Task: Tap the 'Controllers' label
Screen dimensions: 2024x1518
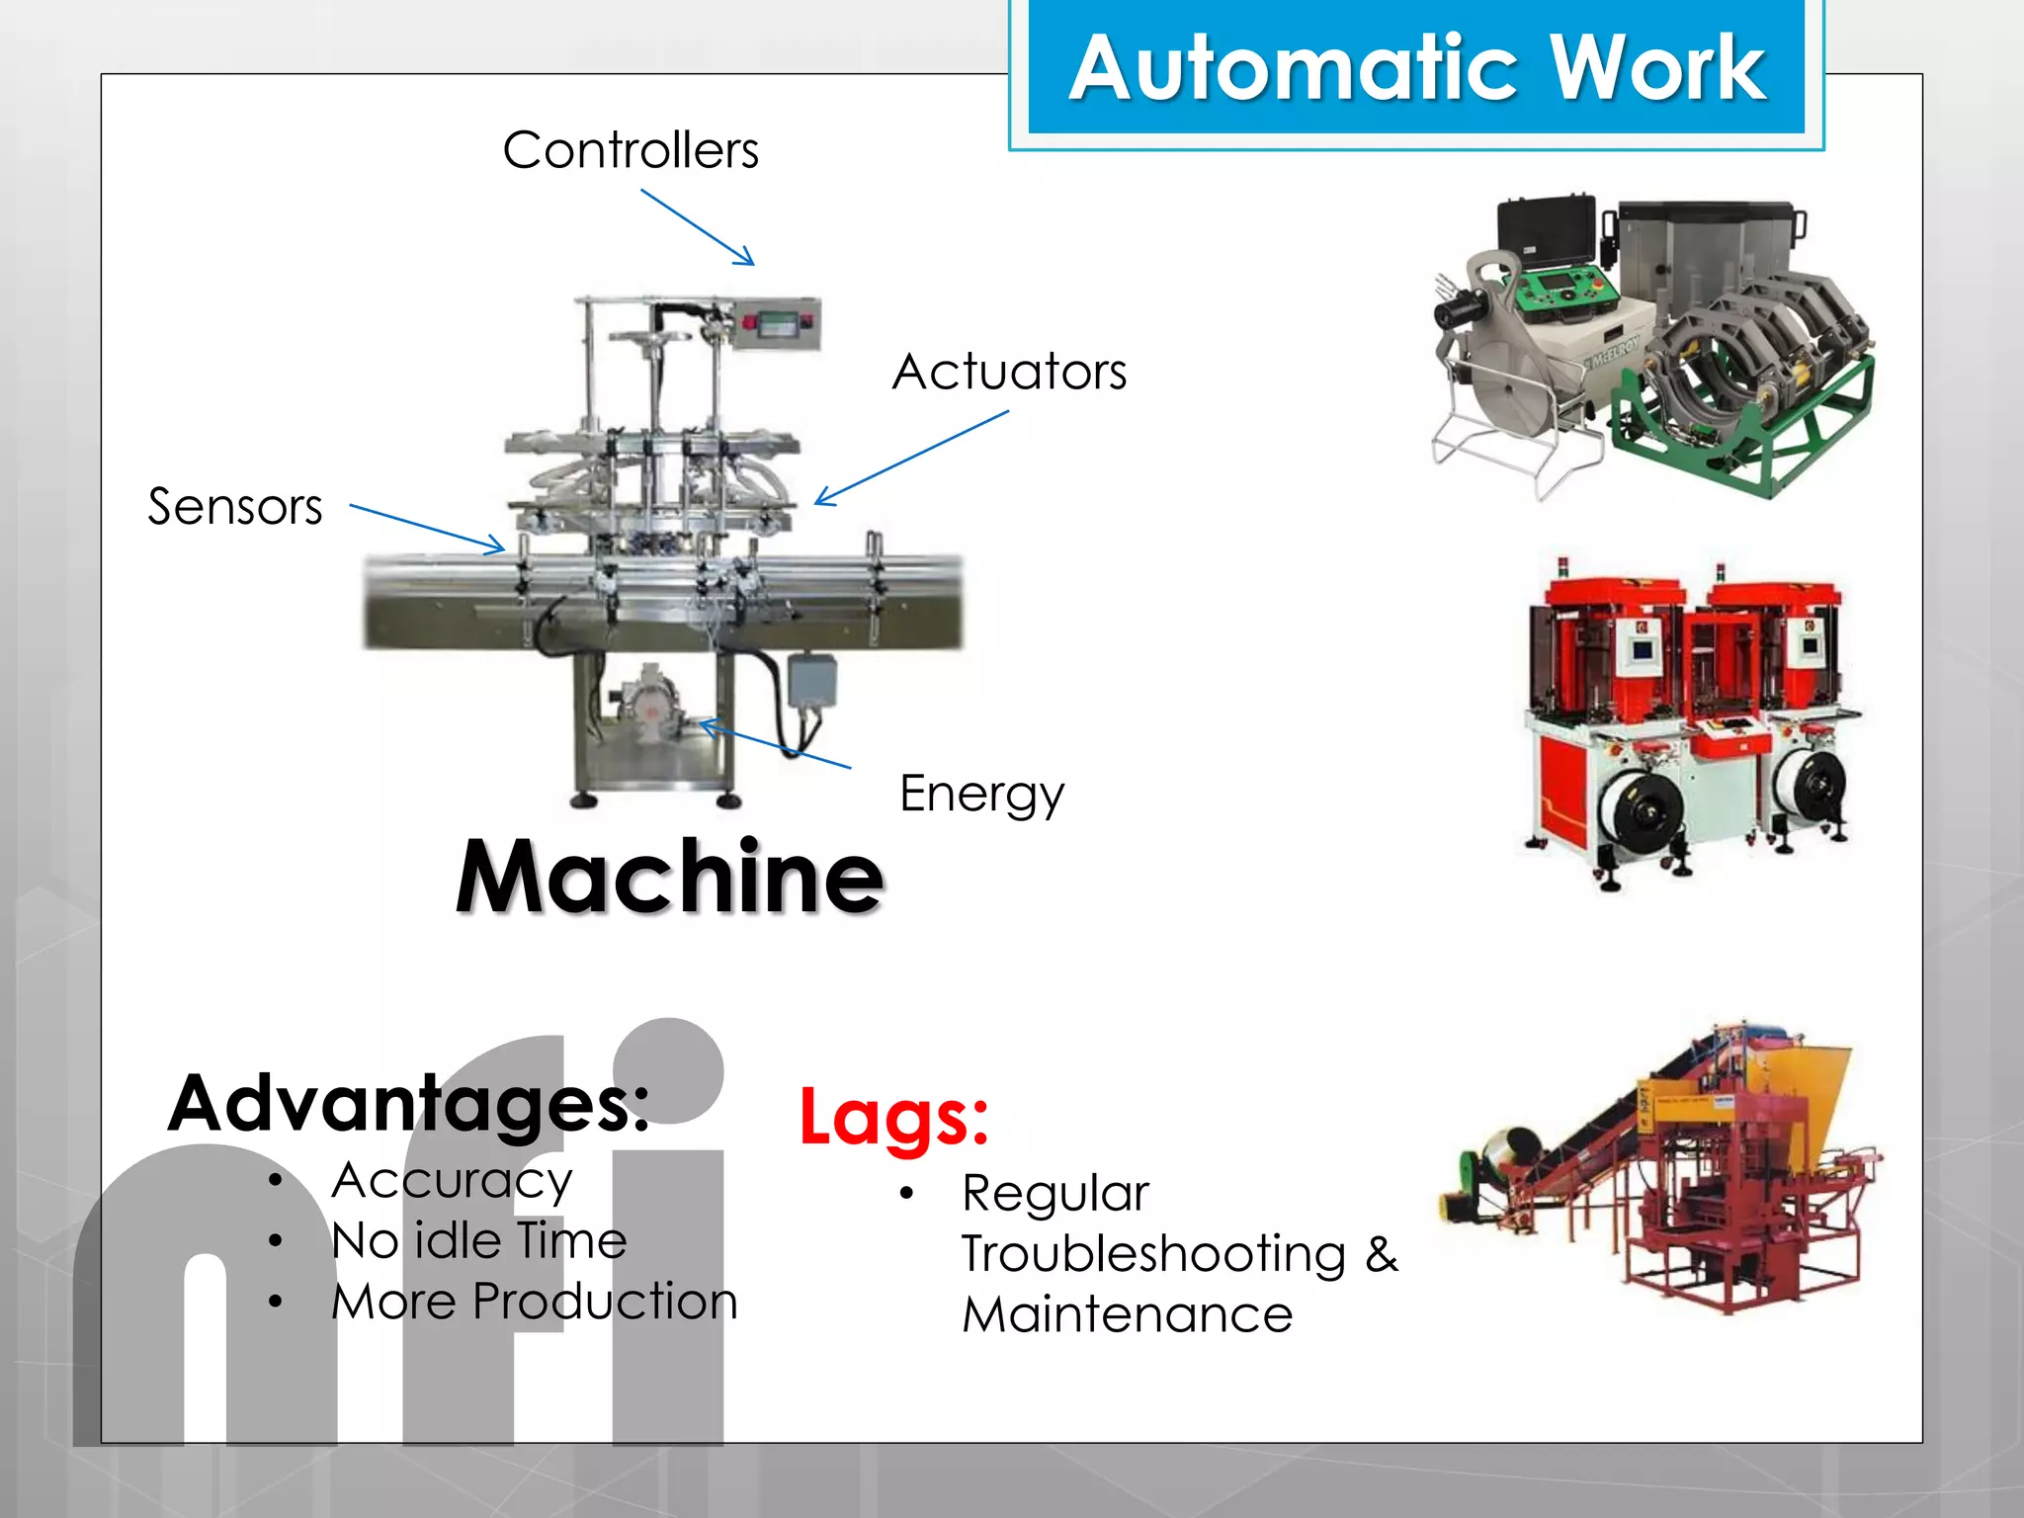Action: [631, 151]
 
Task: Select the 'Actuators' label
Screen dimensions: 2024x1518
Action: [1009, 373]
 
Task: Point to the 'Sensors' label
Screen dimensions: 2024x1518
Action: [235, 507]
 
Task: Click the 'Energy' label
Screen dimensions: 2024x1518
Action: [981, 794]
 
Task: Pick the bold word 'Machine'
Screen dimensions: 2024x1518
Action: [669, 876]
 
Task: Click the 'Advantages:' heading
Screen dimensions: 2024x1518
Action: [409, 1103]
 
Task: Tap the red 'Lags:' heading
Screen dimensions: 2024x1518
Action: [893, 1118]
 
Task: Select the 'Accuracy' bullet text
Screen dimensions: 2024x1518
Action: [452, 1181]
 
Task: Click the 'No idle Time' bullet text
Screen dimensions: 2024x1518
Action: [479, 1241]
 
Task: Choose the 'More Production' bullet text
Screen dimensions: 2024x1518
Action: [535, 1302]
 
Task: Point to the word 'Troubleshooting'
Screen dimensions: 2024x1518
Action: [1153, 1254]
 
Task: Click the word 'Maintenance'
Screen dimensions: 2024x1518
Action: [1128, 1315]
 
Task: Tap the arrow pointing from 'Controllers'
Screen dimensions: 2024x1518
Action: [698, 227]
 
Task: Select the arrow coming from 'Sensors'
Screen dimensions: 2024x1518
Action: [427, 528]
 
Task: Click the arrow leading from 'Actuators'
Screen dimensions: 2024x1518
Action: [911, 458]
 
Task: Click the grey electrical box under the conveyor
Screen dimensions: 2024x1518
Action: [811, 680]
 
